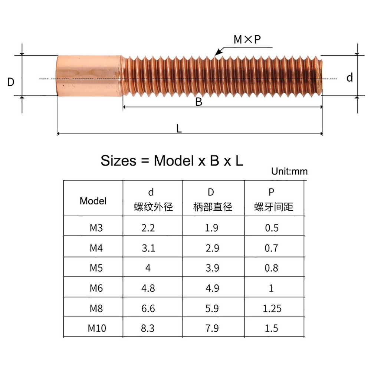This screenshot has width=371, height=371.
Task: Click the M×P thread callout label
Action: (x=247, y=40)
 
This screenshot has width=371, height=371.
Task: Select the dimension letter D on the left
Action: (x=11, y=82)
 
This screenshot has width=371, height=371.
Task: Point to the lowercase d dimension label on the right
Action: (x=349, y=78)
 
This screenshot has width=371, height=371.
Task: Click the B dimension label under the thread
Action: (x=199, y=102)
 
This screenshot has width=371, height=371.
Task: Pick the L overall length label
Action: (x=179, y=128)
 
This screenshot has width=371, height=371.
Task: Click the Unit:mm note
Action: (x=289, y=171)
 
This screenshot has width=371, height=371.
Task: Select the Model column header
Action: (x=93, y=201)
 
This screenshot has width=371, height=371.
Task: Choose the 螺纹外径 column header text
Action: (x=153, y=207)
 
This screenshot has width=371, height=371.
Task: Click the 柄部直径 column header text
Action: (x=213, y=207)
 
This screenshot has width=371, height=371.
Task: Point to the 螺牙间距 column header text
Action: (x=274, y=207)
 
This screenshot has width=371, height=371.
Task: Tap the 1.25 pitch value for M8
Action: (x=272, y=308)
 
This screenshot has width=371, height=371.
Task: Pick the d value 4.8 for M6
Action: (x=148, y=288)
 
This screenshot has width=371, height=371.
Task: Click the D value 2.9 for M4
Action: (x=211, y=247)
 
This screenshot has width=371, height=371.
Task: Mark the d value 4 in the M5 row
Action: (x=148, y=268)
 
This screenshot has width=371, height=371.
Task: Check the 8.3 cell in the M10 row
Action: (x=148, y=328)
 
